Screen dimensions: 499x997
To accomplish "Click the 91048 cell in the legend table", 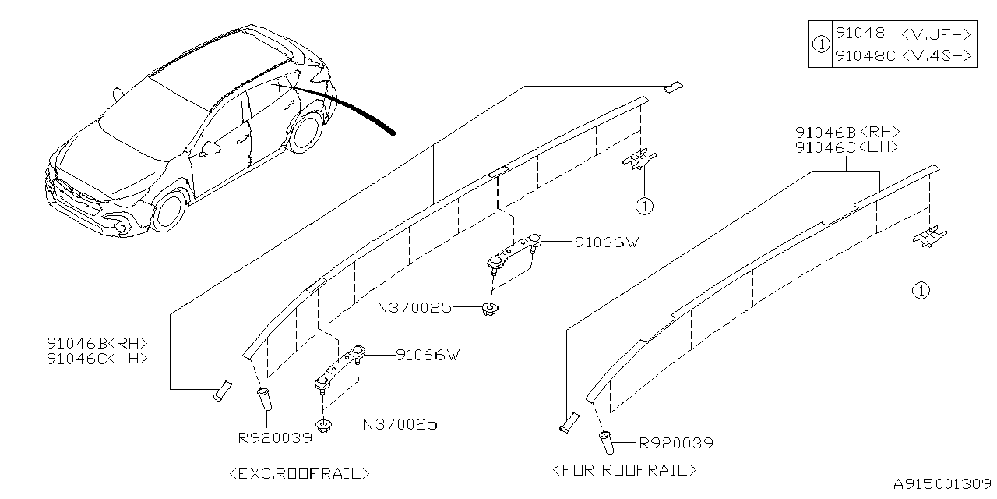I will pyautogui.click(x=859, y=34).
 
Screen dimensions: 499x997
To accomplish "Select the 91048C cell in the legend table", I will pyautogui.click(x=865, y=55).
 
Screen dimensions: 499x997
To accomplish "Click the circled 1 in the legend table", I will pyautogui.click(x=820, y=44).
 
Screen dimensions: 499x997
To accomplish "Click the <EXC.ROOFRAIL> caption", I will pyautogui.click(x=301, y=472).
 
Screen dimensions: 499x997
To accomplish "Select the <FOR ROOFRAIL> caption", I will pyautogui.click(x=625, y=470).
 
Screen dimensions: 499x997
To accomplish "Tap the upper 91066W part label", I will pyautogui.click(x=607, y=242).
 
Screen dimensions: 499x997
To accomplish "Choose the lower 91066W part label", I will pyautogui.click(x=428, y=355).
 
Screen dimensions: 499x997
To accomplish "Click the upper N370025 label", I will pyautogui.click(x=414, y=307).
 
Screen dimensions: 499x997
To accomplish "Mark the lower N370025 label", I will pyautogui.click(x=400, y=425).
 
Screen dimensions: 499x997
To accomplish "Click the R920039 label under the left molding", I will pyautogui.click(x=275, y=437).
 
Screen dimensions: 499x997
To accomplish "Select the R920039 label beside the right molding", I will pyautogui.click(x=676, y=444).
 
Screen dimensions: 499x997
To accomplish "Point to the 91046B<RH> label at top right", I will pyautogui.click(x=847, y=132).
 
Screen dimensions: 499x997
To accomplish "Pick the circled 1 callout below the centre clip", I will pyautogui.click(x=644, y=207).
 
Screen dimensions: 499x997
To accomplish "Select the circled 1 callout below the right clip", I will pyautogui.click(x=921, y=290).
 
